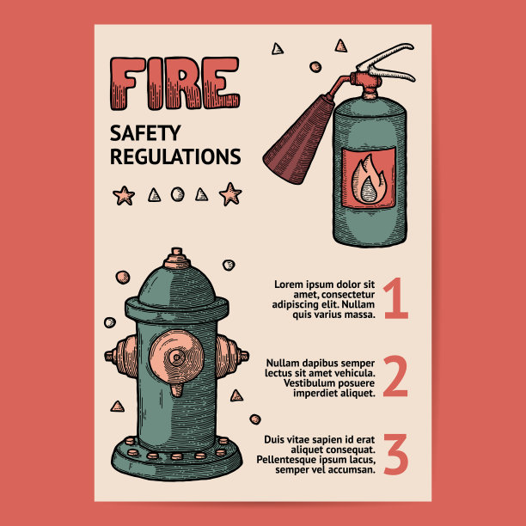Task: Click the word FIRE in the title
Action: [x=174, y=83]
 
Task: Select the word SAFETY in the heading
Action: [x=145, y=133]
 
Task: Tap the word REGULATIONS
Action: [x=175, y=156]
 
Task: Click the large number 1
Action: [x=396, y=298]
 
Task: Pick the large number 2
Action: [x=395, y=376]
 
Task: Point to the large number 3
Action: [x=396, y=454]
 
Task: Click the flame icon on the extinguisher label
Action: [x=369, y=180]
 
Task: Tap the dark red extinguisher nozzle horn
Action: [x=298, y=139]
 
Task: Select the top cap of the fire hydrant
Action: [x=177, y=259]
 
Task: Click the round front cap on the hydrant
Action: [x=176, y=357]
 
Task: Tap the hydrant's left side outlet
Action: [x=121, y=356]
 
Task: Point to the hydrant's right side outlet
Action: [x=232, y=356]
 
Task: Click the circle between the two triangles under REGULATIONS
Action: [x=177, y=194]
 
